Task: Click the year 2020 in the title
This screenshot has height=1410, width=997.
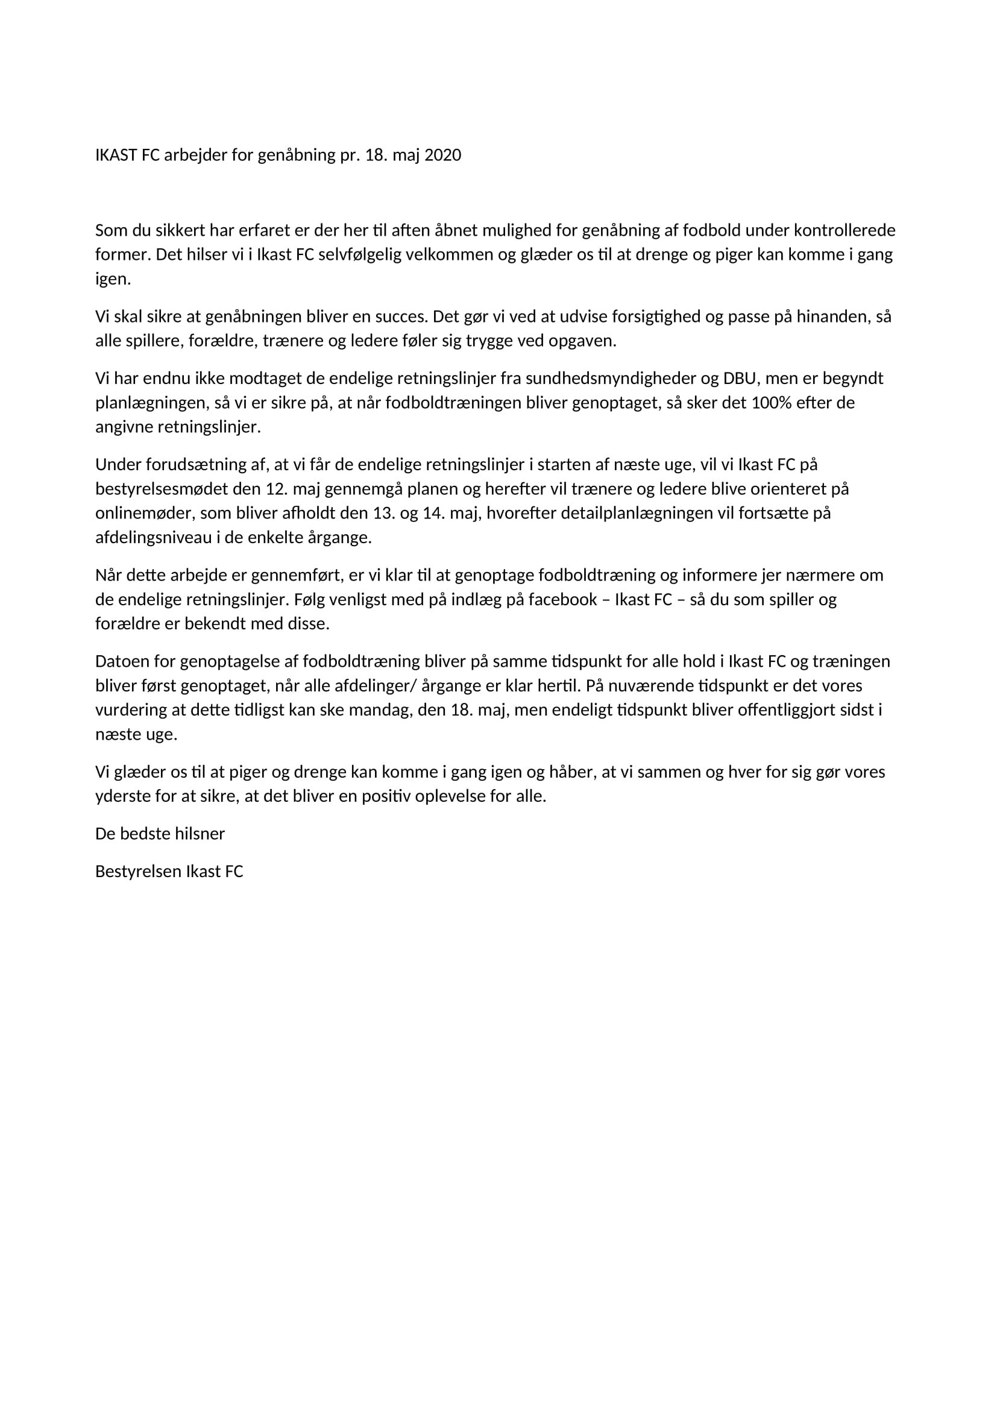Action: pos(442,156)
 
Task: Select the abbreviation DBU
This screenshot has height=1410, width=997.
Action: pos(739,379)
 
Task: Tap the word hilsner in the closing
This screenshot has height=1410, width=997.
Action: pos(200,833)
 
